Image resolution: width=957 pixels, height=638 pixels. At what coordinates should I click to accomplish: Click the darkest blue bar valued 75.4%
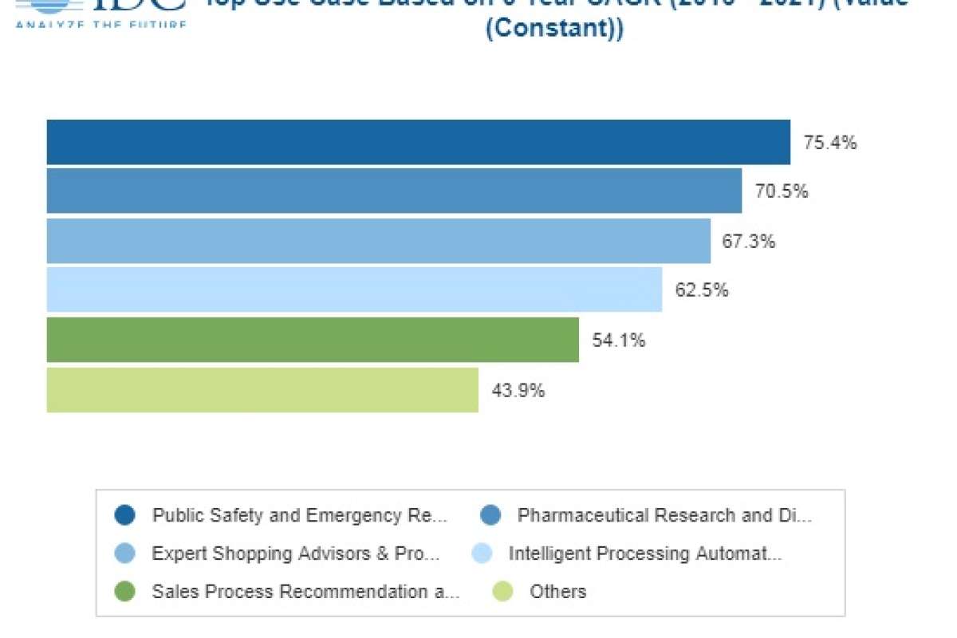click(418, 143)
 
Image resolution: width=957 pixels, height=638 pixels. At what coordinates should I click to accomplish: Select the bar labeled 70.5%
click(394, 191)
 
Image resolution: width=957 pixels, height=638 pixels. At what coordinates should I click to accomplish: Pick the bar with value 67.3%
click(378, 241)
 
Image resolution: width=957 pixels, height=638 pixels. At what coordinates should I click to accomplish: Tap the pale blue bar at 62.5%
click(354, 289)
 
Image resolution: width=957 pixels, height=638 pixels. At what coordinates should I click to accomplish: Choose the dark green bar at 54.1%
click(313, 340)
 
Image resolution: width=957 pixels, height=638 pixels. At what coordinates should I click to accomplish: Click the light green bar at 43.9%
click(262, 390)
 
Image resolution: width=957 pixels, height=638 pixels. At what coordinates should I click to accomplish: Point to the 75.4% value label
click(830, 144)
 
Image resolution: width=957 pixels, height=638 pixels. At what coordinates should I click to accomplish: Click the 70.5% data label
click(782, 192)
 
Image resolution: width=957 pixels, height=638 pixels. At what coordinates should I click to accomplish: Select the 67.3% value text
click(749, 241)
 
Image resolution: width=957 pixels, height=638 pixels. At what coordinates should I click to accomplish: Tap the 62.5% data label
click(702, 290)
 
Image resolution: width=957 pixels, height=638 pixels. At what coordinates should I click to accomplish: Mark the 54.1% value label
click(619, 341)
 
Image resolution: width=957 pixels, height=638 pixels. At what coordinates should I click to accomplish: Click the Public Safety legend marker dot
click(125, 515)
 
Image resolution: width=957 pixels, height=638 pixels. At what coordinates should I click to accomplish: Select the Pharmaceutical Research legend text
click(664, 515)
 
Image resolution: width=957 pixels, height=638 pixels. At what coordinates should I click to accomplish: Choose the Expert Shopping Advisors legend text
click(295, 553)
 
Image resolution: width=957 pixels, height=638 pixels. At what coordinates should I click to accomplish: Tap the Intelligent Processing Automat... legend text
click(644, 553)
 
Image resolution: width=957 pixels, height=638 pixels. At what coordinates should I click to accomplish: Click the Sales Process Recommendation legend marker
click(125, 592)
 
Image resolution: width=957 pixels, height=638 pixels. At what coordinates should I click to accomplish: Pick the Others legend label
click(557, 592)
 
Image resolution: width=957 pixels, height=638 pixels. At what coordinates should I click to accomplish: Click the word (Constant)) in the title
click(554, 29)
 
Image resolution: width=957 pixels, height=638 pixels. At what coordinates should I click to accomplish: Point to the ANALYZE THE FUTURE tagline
click(100, 24)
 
